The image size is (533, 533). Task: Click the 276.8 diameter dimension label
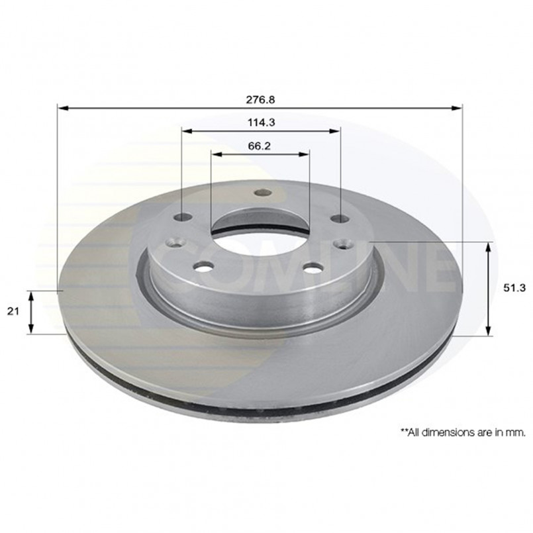260,99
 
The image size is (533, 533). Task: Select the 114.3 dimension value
261,122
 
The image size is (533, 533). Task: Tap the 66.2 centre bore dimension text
259,146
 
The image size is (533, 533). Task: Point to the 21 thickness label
13,311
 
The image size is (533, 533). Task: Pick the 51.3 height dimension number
514,288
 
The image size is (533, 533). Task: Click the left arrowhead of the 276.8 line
64,108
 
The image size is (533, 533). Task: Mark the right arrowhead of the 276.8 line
456,108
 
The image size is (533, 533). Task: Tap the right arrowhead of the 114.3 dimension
334,131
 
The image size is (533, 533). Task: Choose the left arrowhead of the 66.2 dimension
217,154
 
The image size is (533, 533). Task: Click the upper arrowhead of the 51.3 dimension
489,248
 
